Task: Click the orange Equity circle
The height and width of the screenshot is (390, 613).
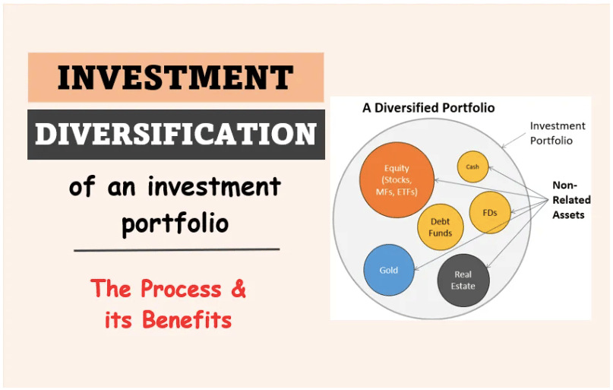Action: (x=397, y=179)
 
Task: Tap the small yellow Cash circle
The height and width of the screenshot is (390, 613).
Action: (x=472, y=167)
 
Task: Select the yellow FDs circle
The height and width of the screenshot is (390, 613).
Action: (x=490, y=213)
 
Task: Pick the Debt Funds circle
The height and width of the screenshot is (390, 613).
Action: (x=441, y=227)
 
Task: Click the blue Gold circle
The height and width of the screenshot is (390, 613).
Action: (x=389, y=270)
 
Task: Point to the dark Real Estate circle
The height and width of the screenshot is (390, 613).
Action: (x=463, y=280)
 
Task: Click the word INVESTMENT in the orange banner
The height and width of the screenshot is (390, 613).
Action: (x=175, y=78)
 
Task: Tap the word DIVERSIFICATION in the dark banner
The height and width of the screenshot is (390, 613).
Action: (x=175, y=134)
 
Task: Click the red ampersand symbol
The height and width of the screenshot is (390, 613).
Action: (x=238, y=288)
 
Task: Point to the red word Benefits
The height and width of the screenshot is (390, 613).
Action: (x=187, y=319)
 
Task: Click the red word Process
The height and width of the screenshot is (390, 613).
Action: (x=181, y=289)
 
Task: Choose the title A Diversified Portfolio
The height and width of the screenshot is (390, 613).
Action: (x=428, y=107)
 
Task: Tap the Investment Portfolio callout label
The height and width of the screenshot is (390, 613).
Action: (x=558, y=133)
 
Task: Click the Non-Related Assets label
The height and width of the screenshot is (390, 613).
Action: (x=571, y=200)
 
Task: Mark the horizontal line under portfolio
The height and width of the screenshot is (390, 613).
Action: (x=177, y=249)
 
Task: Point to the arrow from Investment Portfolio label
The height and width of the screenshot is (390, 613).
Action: (x=513, y=141)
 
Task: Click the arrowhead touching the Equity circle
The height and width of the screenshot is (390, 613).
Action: (x=437, y=180)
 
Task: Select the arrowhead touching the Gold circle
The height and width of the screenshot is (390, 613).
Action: (x=416, y=268)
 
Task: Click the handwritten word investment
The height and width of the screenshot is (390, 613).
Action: (x=214, y=186)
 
